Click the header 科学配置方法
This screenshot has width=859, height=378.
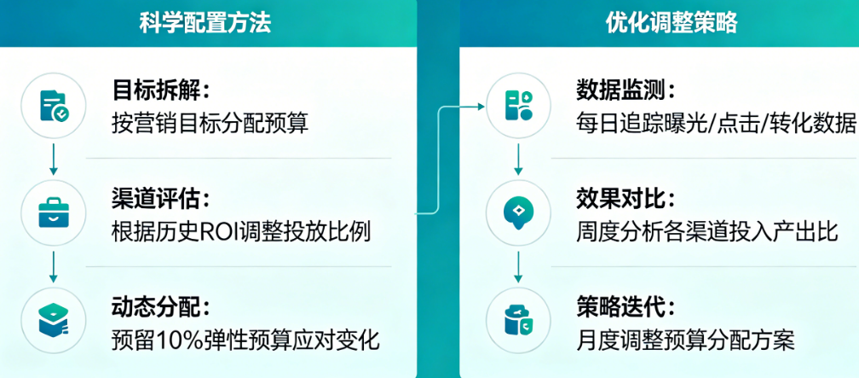[205, 23]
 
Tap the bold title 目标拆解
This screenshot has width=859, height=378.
[159, 90]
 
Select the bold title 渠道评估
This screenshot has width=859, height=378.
[159, 198]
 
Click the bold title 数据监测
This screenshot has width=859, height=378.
[625, 90]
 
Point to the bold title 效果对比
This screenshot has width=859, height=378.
[625, 198]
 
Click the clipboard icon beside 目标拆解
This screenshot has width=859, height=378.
[55, 107]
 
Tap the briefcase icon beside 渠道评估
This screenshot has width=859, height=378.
[55, 213]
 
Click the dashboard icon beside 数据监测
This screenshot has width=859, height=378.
[519, 106]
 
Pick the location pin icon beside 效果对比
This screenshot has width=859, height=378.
[519, 213]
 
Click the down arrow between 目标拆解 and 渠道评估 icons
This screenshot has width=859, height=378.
[55, 160]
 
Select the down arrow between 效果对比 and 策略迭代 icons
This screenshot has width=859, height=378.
[519, 267]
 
